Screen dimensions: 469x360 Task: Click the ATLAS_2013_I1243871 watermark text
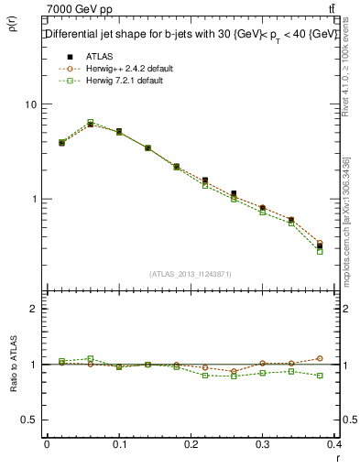(191, 274)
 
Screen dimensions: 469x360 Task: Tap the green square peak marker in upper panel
(91, 122)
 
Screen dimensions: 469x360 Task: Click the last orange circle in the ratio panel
(345, 358)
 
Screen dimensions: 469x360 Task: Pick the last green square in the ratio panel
(345, 376)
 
